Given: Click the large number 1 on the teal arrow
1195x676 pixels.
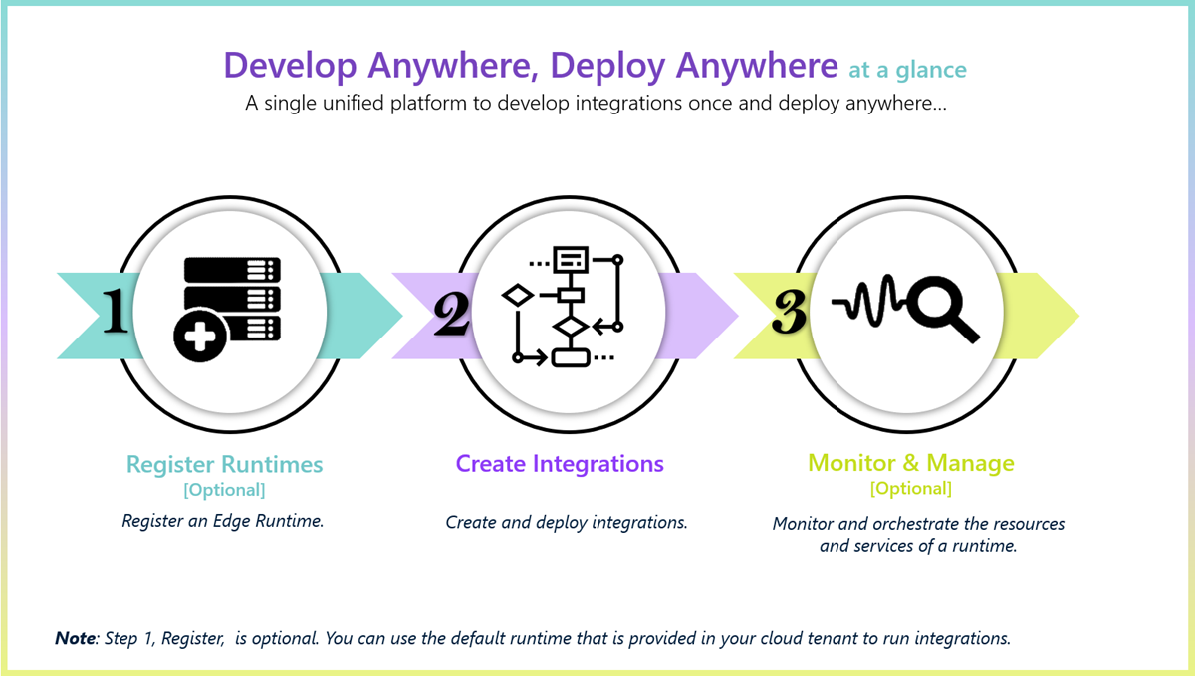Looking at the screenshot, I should pyautogui.click(x=116, y=312).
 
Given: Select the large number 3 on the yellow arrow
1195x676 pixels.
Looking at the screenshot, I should pyautogui.click(x=789, y=313).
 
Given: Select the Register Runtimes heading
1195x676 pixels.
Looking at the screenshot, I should pyautogui.click(x=224, y=464).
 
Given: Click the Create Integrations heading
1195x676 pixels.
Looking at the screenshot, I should pyautogui.click(x=560, y=464).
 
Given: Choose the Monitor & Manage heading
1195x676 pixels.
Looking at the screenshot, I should pyautogui.click(x=911, y=464).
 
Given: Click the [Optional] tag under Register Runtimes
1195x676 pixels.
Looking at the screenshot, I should pyautogui.click(x=224, y=490).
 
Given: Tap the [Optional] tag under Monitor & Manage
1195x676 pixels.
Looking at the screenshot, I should pyautogui.click(x=910, y=489).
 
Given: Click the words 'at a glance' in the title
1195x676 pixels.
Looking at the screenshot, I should pyautogui.click(x=907, y=70).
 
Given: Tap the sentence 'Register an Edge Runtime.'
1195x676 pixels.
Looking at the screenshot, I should pyautogui.click(x=223, y=521).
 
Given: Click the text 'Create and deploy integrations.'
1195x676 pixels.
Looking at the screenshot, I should pyautogui.click(x=566, y=522).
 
